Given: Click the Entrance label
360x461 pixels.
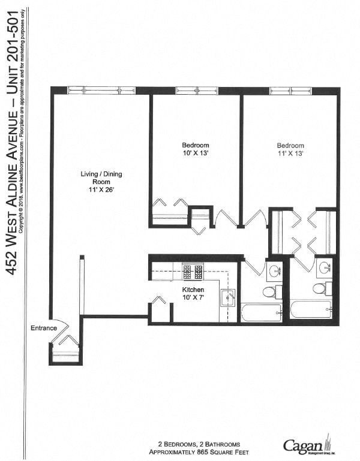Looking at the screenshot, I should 44,328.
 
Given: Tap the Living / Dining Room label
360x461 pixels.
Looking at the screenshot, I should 101,177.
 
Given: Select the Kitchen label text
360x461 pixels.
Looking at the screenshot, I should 193,289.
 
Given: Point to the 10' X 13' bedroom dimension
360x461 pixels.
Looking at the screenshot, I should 196,153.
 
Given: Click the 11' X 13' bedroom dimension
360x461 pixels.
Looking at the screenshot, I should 290,153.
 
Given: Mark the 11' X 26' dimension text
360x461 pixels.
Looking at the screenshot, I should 101,189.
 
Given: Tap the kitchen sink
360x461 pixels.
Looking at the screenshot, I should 227,297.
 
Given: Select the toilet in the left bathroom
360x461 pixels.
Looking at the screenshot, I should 269,292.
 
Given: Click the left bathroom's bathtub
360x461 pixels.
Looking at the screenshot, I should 262,313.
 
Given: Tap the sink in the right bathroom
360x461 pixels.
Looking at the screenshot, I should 324,267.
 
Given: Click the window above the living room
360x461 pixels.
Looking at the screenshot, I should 101,91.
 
